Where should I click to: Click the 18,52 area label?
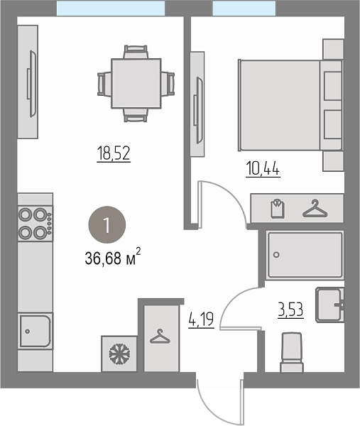[x=114, y=153]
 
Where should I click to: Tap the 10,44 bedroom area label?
[x=263, y=169]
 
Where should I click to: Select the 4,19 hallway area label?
[x=201, y=319]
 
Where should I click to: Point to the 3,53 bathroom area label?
[x=290, y=310]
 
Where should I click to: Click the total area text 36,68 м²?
[x=113, y=256]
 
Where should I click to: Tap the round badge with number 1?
[x=107, y=224]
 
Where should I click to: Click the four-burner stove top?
[x=36, y=224]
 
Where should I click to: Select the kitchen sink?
[x=36, y=331]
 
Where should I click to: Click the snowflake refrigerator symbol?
[x=119, y=354]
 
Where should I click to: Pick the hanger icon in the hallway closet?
[x=160, y=337]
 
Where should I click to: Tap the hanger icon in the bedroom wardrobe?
[x=315, y=208]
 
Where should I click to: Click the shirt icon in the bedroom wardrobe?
[x=278, y=208]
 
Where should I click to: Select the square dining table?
[x=136, y=83]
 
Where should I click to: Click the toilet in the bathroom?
[x=292, y=352]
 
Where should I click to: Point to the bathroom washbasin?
[x=329, y=305]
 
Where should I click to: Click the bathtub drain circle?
[x=276, y=255]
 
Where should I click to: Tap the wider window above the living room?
[x=111, y=8]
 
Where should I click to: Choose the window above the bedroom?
[x=244, y=8]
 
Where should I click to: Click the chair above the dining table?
[x=136, y=52]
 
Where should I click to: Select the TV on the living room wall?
[x=32, y=84]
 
